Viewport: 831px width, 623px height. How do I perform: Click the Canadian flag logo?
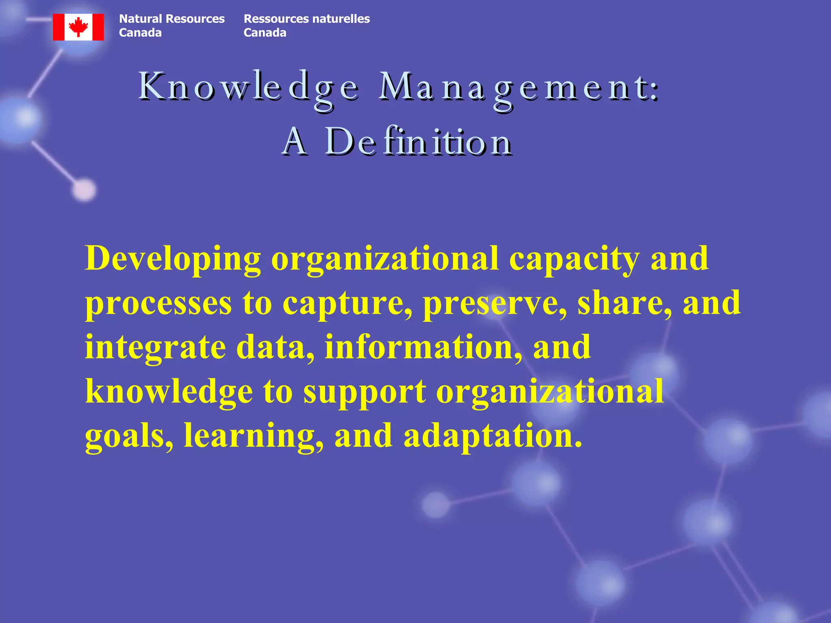[x=78, y=27]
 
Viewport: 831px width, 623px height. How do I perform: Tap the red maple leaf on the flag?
[x=78, y=27]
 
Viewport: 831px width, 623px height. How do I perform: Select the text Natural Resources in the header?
[x=172, y=19]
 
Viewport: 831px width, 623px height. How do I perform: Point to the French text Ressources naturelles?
[x=306, y=19]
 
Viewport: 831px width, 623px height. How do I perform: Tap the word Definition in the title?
[x=418, y=142]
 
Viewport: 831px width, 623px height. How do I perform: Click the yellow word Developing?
[x=173, y=259]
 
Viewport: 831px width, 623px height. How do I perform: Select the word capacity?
[x=574, y=259]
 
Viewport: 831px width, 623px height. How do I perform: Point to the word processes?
[x=158, y=303]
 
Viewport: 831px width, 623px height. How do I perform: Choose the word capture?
[x=347, y=303]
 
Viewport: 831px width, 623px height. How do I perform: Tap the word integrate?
[x=155, y=348]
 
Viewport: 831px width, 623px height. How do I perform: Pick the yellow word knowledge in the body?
[x=169, y=391]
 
